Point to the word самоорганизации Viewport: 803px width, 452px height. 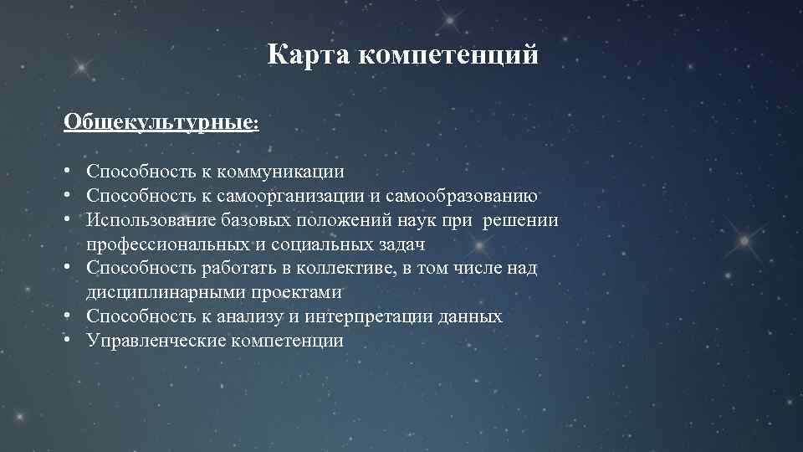click(x=290, y=196)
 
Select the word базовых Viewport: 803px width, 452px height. click(x=253, y=220)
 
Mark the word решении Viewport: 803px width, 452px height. click(x=521, y=220)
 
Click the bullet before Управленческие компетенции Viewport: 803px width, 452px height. click(x=67, y=342)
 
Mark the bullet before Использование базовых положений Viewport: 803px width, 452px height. click(x=67, y=220)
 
